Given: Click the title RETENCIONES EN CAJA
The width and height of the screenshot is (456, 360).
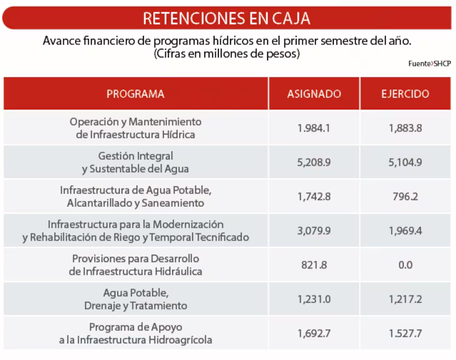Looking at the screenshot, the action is pos(227,18).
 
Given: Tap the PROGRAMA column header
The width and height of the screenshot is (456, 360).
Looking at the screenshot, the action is pos(136,94).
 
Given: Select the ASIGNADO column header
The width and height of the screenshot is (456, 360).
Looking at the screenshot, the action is pos(314,94).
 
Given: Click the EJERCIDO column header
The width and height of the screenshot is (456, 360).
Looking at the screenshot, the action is pos(406,94).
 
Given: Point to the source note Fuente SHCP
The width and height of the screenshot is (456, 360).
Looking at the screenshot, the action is pos(429,63).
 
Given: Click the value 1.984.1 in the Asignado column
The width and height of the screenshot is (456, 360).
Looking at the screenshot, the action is pos(314,128).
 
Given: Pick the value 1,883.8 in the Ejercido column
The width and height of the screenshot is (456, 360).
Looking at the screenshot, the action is pos(406,128).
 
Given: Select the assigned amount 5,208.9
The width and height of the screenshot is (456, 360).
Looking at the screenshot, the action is pos(314,162).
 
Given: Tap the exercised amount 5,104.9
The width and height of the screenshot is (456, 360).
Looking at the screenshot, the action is pos(406,162).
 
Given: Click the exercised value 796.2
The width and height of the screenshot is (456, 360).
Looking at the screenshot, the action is pos(406,196).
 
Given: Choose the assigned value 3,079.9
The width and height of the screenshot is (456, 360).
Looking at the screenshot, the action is pos(314,230).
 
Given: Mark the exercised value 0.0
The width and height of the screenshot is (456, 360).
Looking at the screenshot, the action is pos(406,265).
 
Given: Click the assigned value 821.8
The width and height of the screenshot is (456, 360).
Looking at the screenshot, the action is pos(314,265).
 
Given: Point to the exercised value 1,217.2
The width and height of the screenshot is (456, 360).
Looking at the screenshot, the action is pos(406,299).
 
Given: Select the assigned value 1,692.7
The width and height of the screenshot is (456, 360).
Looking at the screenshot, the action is pos(314,333).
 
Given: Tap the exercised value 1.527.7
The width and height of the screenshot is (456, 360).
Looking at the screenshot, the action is pos(406,333).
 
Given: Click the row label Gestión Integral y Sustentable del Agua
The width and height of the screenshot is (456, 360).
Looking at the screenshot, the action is pos(136,162).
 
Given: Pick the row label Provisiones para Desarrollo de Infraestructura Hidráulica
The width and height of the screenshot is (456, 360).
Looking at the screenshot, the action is pos(136,265).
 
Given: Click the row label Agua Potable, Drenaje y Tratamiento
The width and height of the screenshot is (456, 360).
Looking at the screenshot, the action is pos(136,299).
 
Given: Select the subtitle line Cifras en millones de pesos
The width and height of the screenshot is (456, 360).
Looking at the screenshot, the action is pos(227,54).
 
